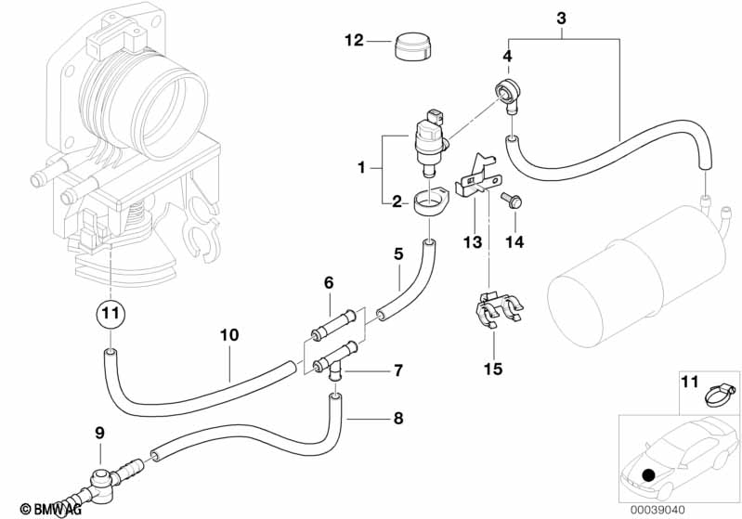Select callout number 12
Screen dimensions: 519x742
click(354, 41)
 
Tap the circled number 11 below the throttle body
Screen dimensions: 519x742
click(111, 314)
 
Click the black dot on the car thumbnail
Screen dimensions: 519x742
click(648, 475)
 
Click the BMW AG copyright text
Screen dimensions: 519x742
click(45, 508)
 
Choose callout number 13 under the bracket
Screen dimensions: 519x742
click(474, 242)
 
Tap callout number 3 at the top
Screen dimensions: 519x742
click(561, 18)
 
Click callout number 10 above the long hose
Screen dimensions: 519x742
click(229, 334)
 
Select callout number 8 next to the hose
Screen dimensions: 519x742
click(397, 418)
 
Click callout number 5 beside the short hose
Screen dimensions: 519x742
click(397, 253)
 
